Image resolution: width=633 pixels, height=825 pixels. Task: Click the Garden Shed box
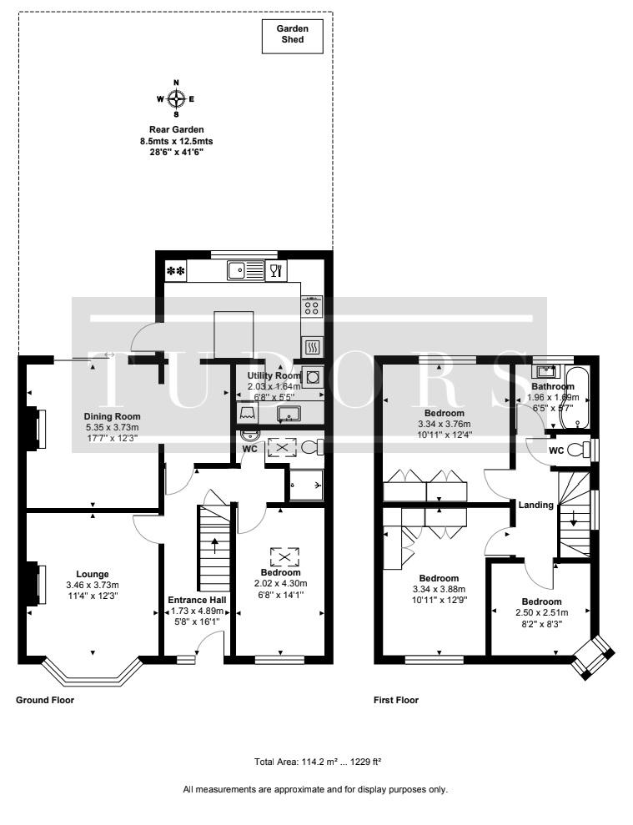click(293, 37)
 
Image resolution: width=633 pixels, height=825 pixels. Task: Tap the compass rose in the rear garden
click(176, 98)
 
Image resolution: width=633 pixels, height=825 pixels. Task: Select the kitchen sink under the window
click(246, 271)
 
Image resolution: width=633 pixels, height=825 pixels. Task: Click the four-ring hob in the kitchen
click(312, 305)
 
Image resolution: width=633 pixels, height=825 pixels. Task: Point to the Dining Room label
click(112, 416)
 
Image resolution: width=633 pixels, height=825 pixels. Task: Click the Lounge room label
click(93, 574)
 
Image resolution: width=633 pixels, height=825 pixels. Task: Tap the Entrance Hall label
click(198, 600)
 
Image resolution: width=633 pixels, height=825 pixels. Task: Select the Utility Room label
click(274, 375)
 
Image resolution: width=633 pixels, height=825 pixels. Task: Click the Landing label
click(536, 506)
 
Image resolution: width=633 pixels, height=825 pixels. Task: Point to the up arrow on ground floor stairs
click(214, 545)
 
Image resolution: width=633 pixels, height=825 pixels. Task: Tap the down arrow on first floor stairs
click(574, 518)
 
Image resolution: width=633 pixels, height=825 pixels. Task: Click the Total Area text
click(318, 762)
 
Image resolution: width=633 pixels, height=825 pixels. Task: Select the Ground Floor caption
click(45, 700)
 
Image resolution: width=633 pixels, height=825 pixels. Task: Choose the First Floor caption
click(396, 700)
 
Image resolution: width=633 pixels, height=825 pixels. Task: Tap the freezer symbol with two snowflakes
click(175, 271)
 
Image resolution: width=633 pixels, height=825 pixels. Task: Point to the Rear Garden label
click(176, 129)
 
